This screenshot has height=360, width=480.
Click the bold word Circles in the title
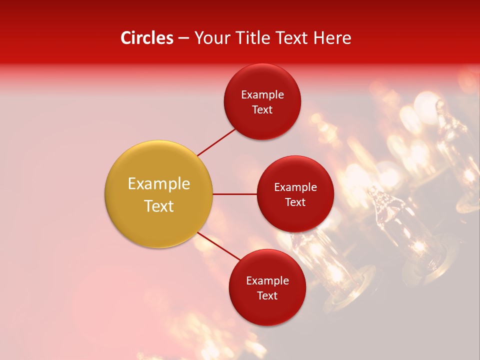[147, 38]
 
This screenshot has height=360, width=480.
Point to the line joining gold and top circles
[216, 141]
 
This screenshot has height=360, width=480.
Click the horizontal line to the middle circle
[235, 194]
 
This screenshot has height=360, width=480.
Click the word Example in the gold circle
[159, 183]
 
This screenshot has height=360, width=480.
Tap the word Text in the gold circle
[159, 206]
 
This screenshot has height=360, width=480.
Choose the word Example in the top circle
[262, 94]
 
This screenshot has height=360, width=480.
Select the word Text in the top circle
[262, 109]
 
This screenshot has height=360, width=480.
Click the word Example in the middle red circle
[295, 187]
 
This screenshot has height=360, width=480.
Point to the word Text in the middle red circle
[295, 202]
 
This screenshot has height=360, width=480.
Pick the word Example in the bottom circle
[267, 280]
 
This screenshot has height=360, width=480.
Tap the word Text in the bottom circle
[267, 295]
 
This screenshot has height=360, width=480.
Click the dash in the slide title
[183, 38]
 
